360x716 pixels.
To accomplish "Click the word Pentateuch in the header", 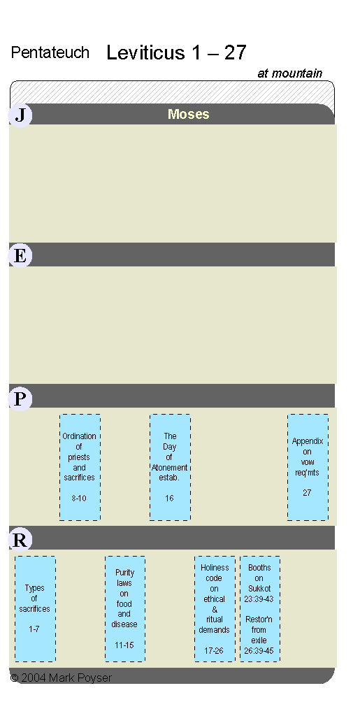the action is tap(50, 52).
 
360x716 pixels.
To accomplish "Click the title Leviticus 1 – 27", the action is tap(176, 52).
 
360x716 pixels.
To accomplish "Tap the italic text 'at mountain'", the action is tap(289, 73).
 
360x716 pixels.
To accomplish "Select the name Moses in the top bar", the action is tap(189, 114).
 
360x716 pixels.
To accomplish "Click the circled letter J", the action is tap(20, 115).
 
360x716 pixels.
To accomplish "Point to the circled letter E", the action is tap(20, 256).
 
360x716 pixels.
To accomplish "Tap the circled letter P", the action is tap(20, 399).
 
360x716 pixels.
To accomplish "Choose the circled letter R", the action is tap(20, 540).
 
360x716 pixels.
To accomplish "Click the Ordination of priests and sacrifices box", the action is tap(80, 467).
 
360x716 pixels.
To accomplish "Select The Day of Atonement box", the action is tap(170, 467).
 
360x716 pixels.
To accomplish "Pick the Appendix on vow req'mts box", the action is tap(308, 467).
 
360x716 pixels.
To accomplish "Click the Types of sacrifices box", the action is tap(35, 609).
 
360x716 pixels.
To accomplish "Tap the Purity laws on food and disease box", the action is tap(125, 609).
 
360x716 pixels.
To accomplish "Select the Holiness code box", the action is tap(215, 609).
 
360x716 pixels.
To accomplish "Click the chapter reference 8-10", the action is tap(79, 498).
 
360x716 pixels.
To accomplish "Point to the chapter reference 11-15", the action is tap(124, 645).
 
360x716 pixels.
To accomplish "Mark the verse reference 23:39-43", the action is tap(259, 599).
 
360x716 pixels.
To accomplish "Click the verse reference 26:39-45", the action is tap(259, 651).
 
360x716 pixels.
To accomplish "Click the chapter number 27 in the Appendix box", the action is tap(307, 493).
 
